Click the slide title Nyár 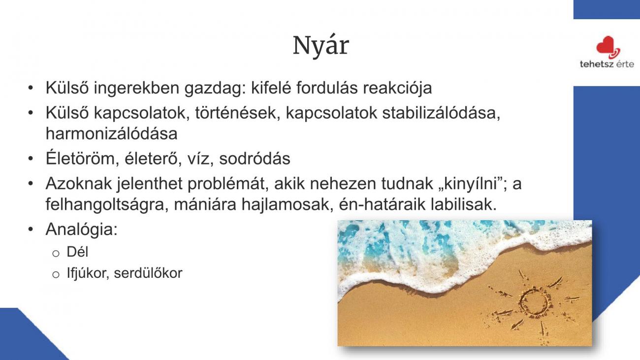[x=321, y=46]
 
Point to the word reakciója [x=397, y=88]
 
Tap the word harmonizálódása [x=111, y=133]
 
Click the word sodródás [x=255, y=159]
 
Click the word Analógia [x=81, y=229]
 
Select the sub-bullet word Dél [x=77, y=252]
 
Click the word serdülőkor [x=148, y=273]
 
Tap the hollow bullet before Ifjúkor [x=56, y=275]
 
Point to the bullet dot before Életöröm [x=31, y=159]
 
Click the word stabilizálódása [x=441, y=113]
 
